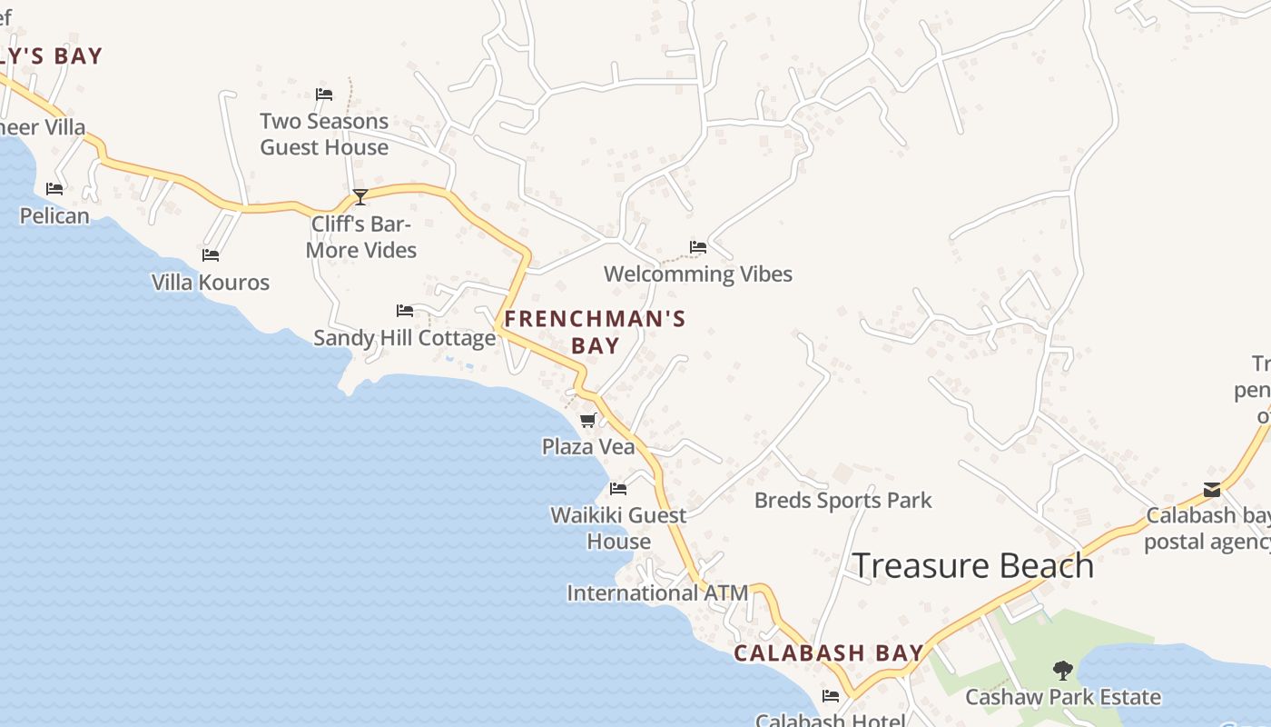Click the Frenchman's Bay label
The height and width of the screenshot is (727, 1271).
click(x=595, y=332)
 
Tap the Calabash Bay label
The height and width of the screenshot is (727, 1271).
click(x=828, y=652)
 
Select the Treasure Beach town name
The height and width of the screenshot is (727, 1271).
click(x=973, y=565)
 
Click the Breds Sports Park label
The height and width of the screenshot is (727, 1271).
click(x=842, y=500)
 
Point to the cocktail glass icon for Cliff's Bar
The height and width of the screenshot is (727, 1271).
click(x=360, y=196)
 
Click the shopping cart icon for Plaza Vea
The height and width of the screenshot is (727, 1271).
click(x=587, y=420)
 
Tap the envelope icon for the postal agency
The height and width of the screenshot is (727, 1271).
click(x=1212, y=490)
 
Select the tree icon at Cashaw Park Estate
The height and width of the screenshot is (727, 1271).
click(x=1062, y=671)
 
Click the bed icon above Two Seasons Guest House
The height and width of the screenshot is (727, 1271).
click(x=324, y=94)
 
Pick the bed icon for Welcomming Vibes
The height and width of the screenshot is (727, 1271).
click(x=697, y=246)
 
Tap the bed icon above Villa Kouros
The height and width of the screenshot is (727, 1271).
click(x=211, y=255)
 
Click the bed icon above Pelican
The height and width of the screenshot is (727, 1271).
click(x=54, y=188)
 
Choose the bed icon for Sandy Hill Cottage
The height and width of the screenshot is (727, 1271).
click(x=405, y=311)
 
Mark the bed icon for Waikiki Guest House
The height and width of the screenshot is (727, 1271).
click(x=618, y=488)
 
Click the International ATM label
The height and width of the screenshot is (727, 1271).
click(x=657, y=593)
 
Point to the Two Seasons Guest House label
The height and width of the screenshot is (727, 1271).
click(x=324, y=134)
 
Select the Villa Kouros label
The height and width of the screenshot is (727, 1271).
click(x=211, y=283)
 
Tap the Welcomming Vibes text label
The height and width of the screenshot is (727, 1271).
click(x=697, y=274)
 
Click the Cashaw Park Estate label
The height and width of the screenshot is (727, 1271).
click(x=1062, y=697)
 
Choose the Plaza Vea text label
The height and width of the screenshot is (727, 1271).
click(x=587, y=446)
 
